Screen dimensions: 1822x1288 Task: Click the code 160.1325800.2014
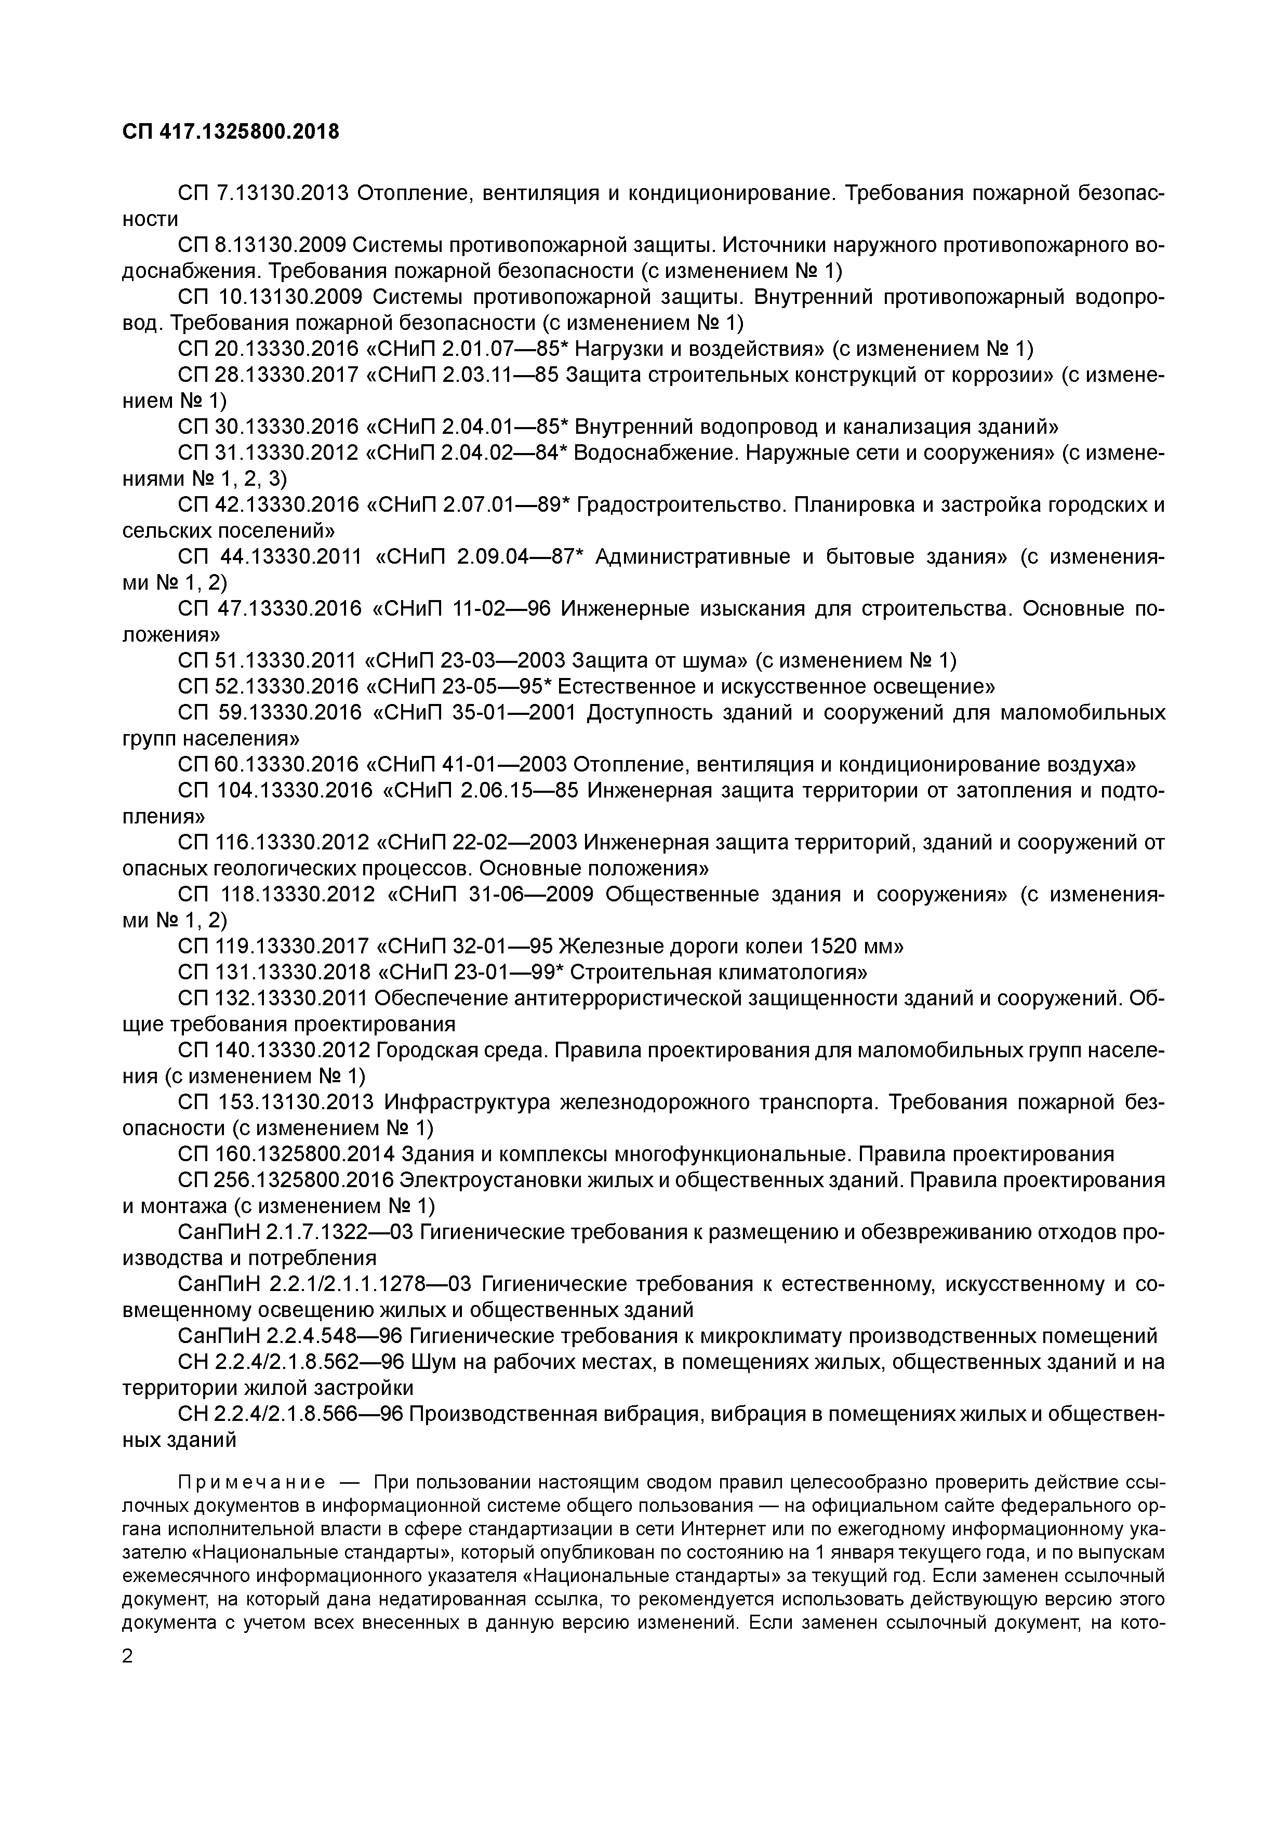click(306, 1154)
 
